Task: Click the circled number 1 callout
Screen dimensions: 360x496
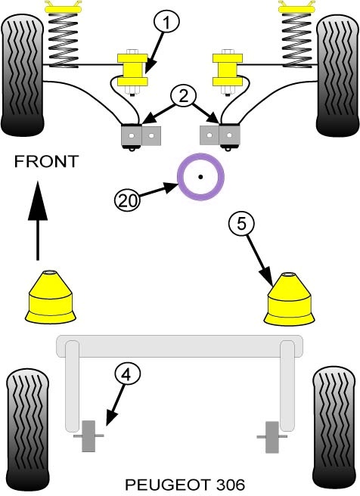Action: tap(166, 22)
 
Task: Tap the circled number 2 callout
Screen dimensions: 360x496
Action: tap(184, 97)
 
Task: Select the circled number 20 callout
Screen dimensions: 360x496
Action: tap(127, 200)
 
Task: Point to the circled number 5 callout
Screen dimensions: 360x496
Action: tap(241, 224)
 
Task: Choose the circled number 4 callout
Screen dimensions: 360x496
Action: tap(127, 375)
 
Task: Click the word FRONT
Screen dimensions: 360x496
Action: tap(46, 162)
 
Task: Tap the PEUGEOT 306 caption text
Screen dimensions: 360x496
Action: tap(185, 484)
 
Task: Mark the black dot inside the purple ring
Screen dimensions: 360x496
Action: tap(200, 177)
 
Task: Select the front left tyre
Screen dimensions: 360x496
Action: tap(22, 76)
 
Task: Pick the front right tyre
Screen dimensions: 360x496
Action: tap(338, 76)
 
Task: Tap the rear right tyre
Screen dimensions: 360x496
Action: tap(334, 429)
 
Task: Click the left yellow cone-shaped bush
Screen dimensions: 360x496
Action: tap(51, 296)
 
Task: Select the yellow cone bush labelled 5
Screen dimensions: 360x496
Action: tap(290, 299)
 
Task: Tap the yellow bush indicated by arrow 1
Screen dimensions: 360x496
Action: tap(132, 70)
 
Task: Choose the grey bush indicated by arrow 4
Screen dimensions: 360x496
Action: tap(88, 436)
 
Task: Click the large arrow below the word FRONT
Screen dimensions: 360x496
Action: tap(38, 221)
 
